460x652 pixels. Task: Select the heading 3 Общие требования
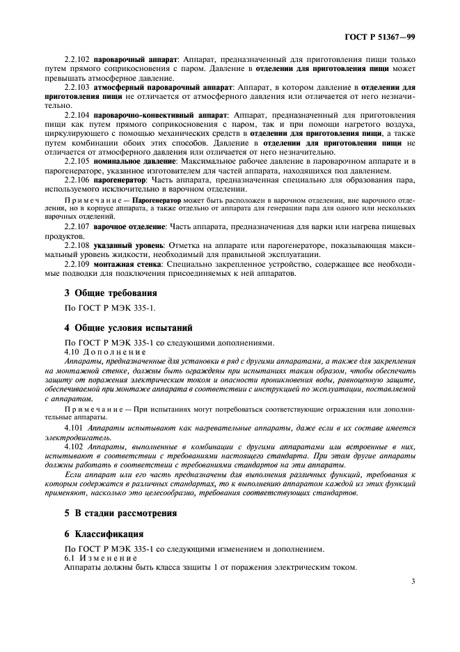(x=111, y=293)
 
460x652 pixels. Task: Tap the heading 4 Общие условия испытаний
(x=128, y=327)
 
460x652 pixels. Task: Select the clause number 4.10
(x=73, y=352)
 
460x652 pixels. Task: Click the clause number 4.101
(x=75, y=427)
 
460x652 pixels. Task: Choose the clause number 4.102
(x=75, y=444)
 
